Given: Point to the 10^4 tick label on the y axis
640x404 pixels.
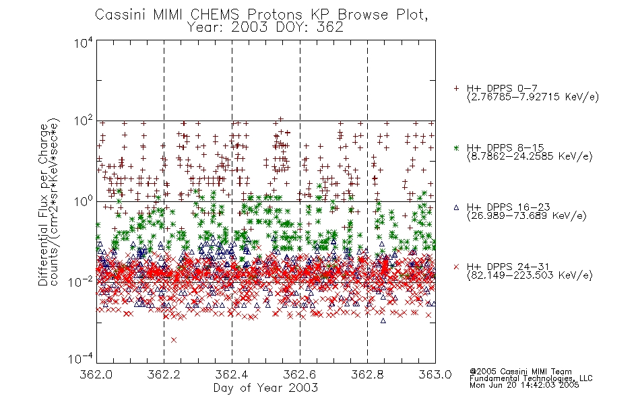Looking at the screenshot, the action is coord(84,42).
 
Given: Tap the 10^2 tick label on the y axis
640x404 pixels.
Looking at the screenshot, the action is coord(84,121).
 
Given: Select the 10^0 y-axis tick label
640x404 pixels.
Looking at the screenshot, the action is coord(84,201).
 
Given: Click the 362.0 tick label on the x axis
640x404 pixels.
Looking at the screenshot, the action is coord(96,374).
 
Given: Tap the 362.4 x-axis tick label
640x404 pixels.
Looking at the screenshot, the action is coord(232,374).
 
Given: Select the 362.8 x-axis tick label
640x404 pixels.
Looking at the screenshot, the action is coord(367,374).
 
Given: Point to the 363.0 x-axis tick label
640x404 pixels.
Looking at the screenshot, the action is coord(435,374).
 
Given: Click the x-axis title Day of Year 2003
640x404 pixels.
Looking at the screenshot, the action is coord(265,388).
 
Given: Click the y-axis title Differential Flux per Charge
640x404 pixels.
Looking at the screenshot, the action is coord(43,205).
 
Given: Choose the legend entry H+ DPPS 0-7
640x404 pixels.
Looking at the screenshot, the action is coord(502,88).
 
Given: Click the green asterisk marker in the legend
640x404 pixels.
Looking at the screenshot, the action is coord(456,147).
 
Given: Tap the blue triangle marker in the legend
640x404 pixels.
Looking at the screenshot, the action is coord(456,207).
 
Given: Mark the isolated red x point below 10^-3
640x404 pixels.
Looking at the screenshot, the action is coord(174,340).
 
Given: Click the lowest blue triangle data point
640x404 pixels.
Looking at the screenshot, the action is coord(383,321).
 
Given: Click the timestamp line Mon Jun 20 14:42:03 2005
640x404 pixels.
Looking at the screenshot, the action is coord(524,385).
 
